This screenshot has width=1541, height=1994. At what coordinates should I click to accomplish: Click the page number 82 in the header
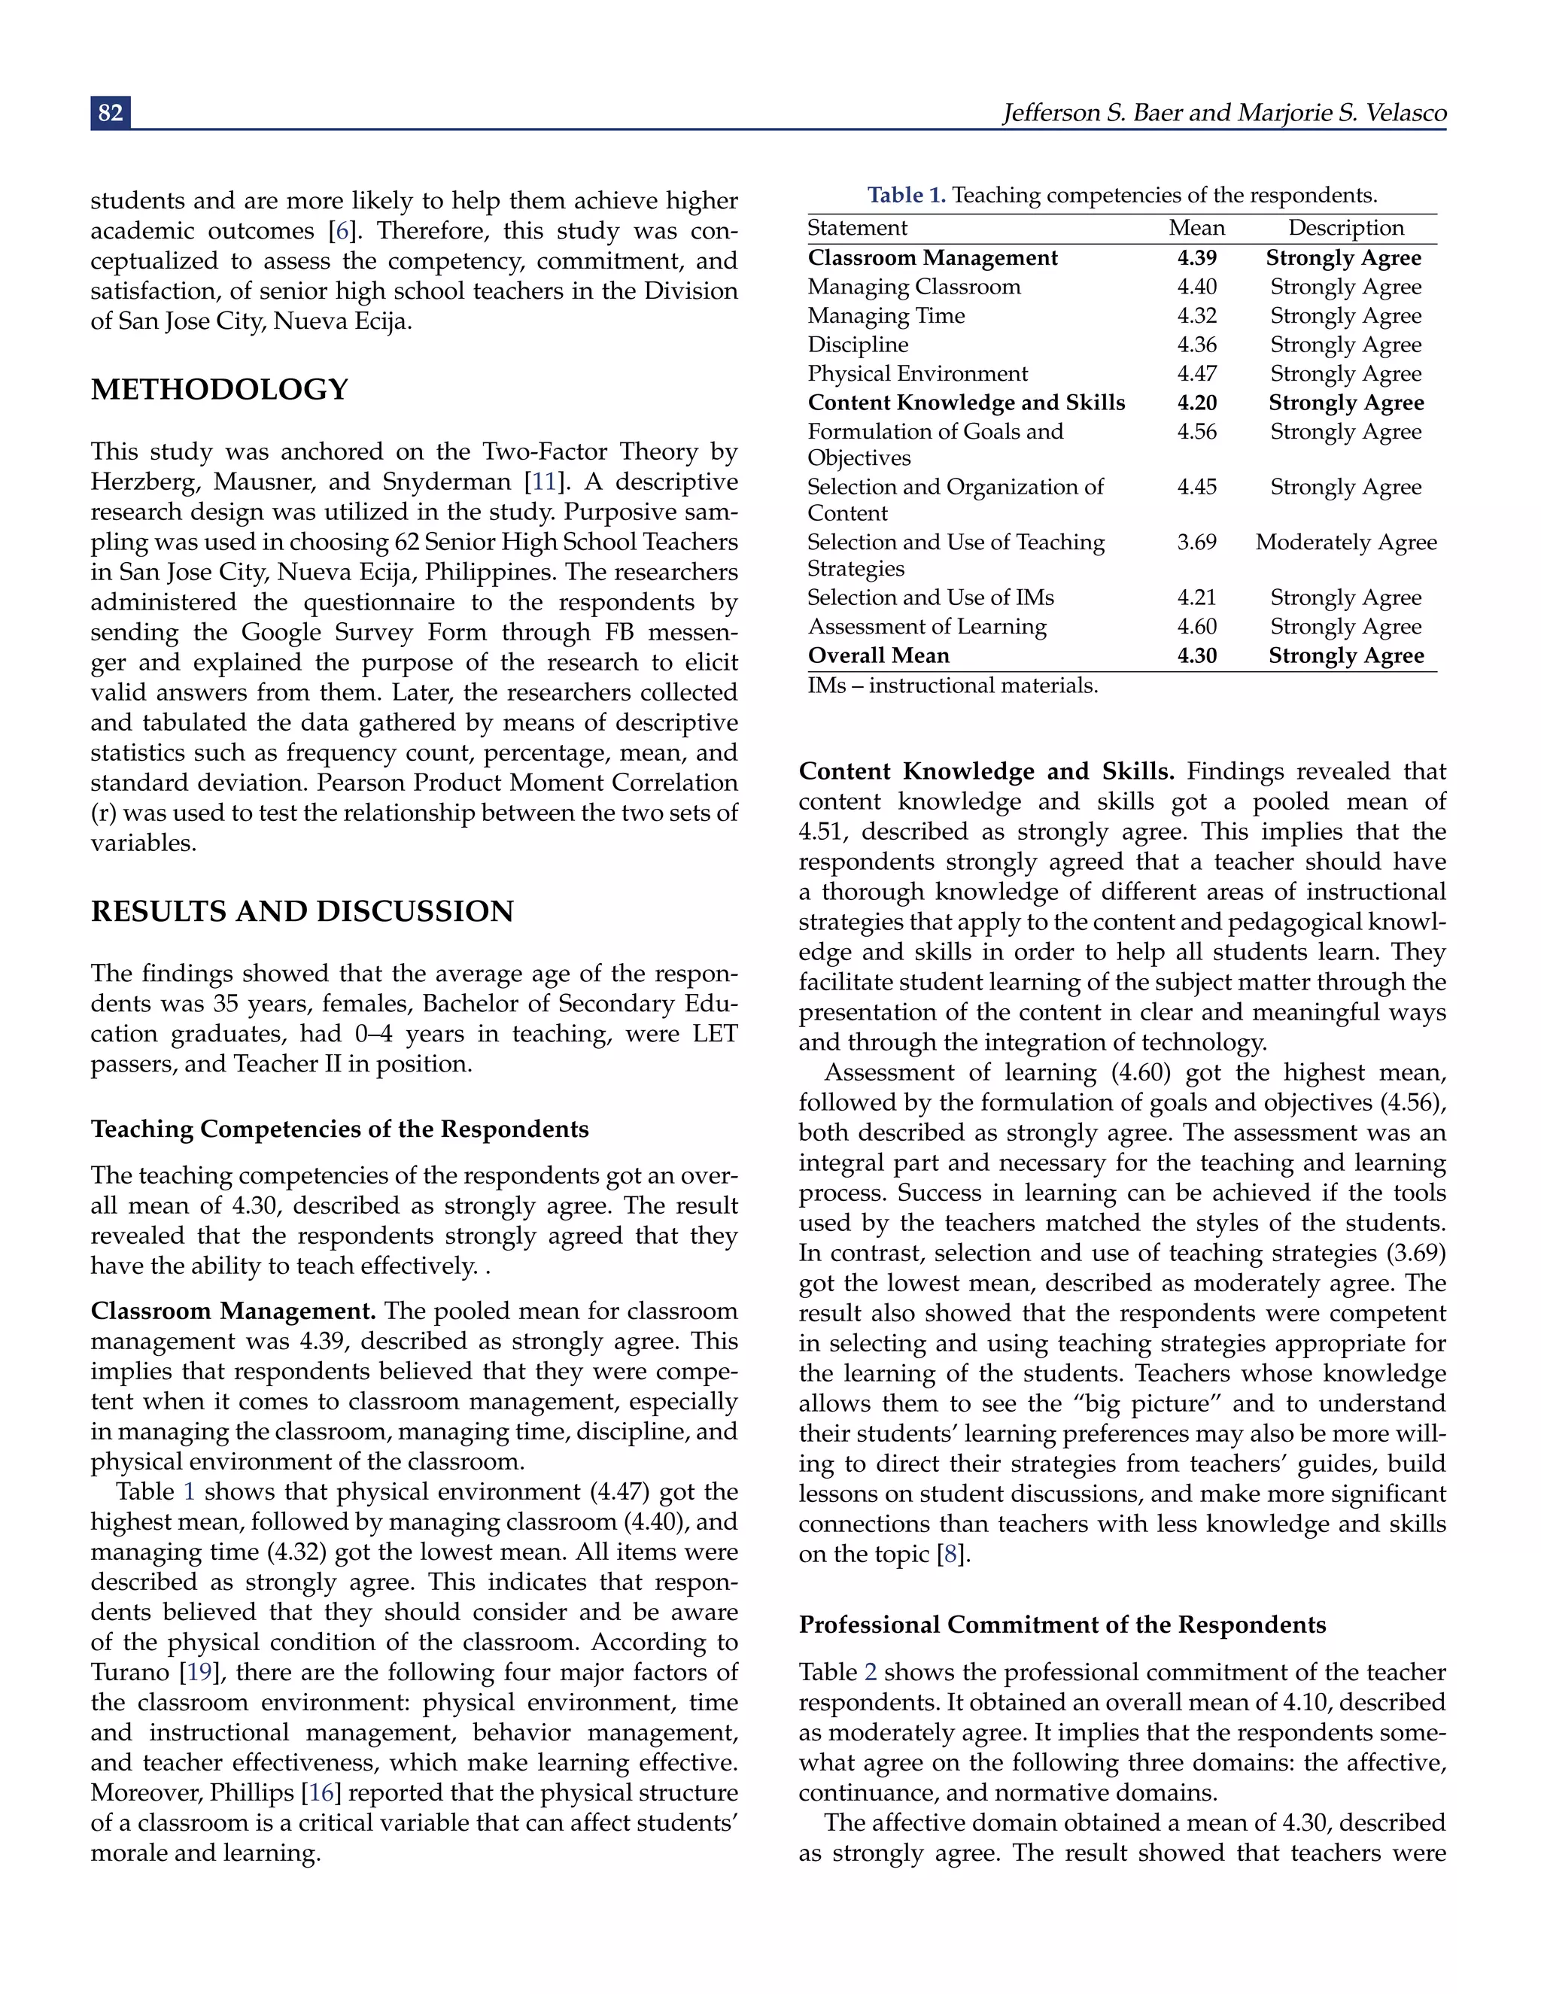click(x=111, y=112)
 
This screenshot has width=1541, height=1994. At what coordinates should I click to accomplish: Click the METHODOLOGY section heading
click(x=219, y=389)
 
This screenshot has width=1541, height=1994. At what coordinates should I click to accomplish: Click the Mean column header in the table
click(x=1196, y=228)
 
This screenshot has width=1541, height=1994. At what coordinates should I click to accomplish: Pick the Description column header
click(x=1345, y=228)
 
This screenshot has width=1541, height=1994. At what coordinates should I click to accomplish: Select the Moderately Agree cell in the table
click(x=1345, y=543)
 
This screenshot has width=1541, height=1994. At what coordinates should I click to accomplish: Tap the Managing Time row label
click(x=886, y=316)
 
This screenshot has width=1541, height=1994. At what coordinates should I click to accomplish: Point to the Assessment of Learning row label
click(x=926, y=626)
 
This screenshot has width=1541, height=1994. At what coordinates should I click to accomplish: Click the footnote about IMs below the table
click(x=952, y=685)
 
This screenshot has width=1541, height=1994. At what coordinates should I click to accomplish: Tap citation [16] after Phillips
click(x=321, y=1792)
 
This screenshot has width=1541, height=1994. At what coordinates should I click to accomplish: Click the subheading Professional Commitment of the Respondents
click(x=1062, y=1625)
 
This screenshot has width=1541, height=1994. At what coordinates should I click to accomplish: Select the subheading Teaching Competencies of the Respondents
click(x=339, y=1129)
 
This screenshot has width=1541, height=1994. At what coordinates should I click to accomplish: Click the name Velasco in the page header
click(x=1406, y=113)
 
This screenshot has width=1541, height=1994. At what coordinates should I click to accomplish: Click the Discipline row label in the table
click(x=857, y=345)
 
